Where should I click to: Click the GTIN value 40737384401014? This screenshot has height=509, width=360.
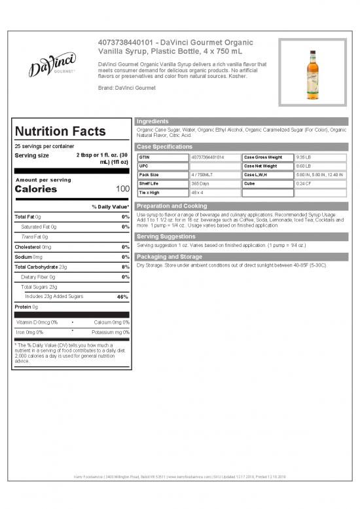coord(207,157)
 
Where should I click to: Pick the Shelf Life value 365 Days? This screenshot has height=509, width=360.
coord(200,183)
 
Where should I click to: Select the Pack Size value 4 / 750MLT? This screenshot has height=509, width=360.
coord(203,175)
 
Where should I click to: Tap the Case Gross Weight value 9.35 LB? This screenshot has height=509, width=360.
coord(304,157)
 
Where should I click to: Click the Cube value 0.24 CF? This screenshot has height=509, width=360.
coord(304,183)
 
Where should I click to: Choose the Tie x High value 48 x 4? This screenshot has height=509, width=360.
coord(197,193)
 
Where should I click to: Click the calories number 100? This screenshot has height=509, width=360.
coord(122,189)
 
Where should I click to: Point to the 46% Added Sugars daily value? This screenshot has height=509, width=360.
coord(122,297)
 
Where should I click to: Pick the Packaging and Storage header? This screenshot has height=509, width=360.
coord(169,256)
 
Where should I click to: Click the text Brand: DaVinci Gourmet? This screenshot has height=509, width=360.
coord(127,87)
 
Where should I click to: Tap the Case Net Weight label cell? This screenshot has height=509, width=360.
coord(260,166)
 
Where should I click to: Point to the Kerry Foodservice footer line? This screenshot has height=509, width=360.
coord(179,476)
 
